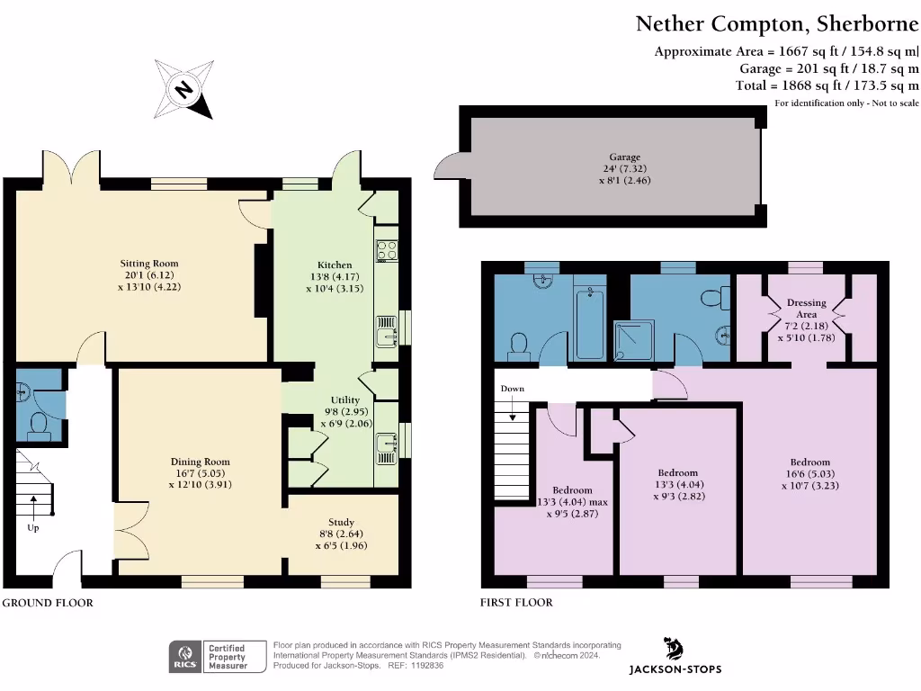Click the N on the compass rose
click(x=183, y=89)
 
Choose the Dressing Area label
click(x=806, y=309)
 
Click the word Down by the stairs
click(x=513, y=389)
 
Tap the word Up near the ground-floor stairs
click(x=33, y=528)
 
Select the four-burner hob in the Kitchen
click(x=387, y=249)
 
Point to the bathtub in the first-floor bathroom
click(x=590, y=321)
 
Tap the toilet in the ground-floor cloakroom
click(x=39, y=424)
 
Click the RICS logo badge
click(x=185, y=657)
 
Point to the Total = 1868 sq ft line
click(x=827, y=85)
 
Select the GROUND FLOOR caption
click(x=47, y=603)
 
